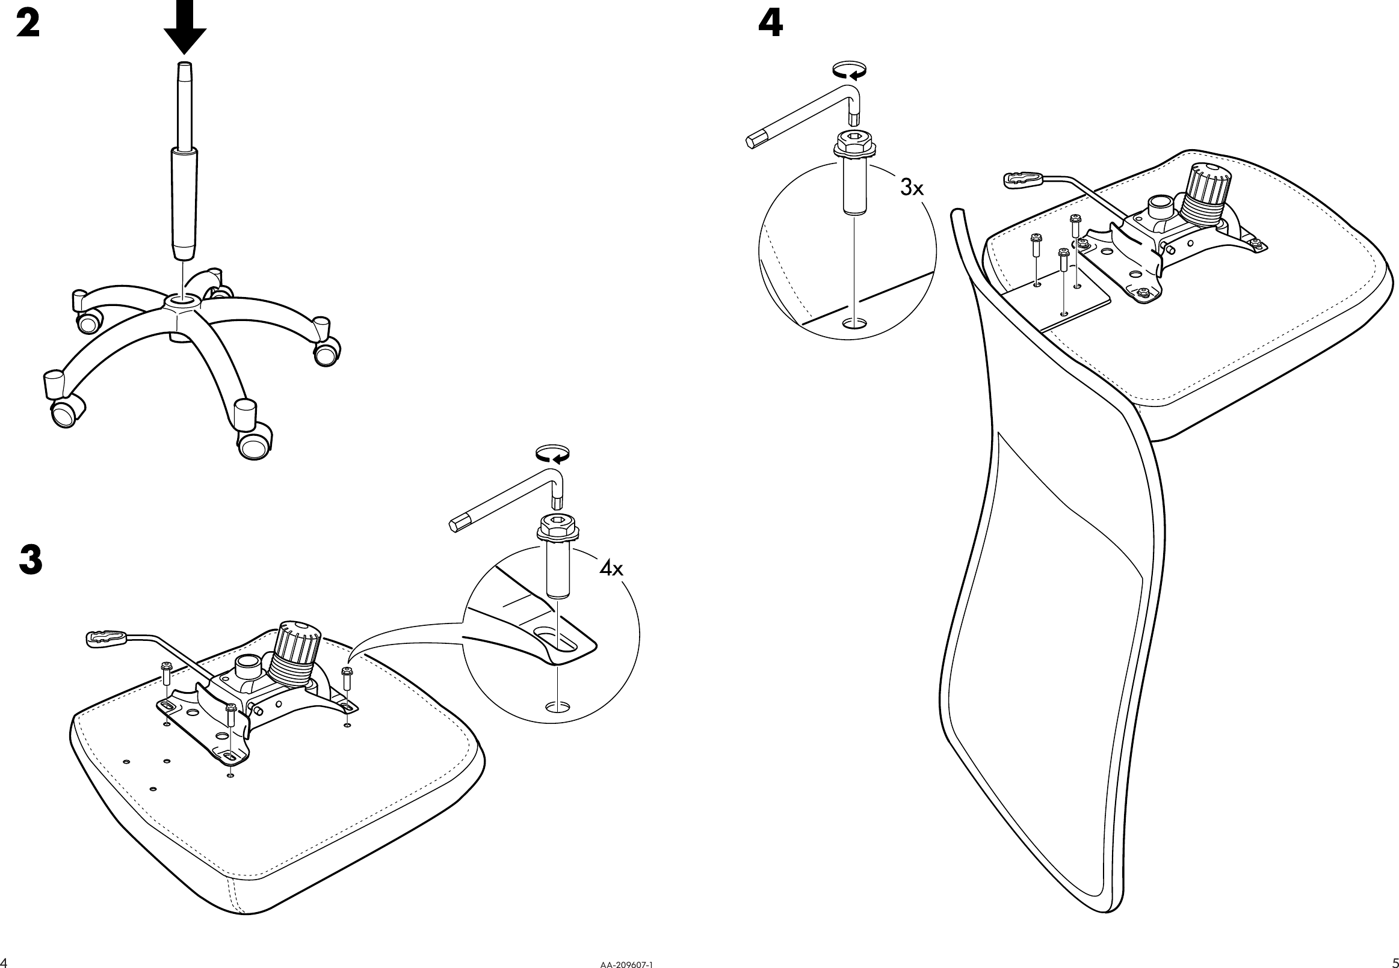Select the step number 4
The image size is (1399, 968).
click(771, 25)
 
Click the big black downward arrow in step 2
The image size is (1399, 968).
click(185, 26)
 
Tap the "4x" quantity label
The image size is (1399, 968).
click(611, 568)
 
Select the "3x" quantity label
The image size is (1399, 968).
click(912, 188)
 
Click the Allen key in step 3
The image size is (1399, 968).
click(510, 503)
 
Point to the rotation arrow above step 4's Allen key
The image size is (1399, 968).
click(849, 70)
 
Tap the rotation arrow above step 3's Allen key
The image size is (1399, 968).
click(552, 455)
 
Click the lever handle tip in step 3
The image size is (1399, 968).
click(107, 639)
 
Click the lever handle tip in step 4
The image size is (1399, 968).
click(1024, 179)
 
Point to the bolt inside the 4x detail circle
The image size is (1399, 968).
click(558, 564)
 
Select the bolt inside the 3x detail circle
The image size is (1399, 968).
click(854, 176)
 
